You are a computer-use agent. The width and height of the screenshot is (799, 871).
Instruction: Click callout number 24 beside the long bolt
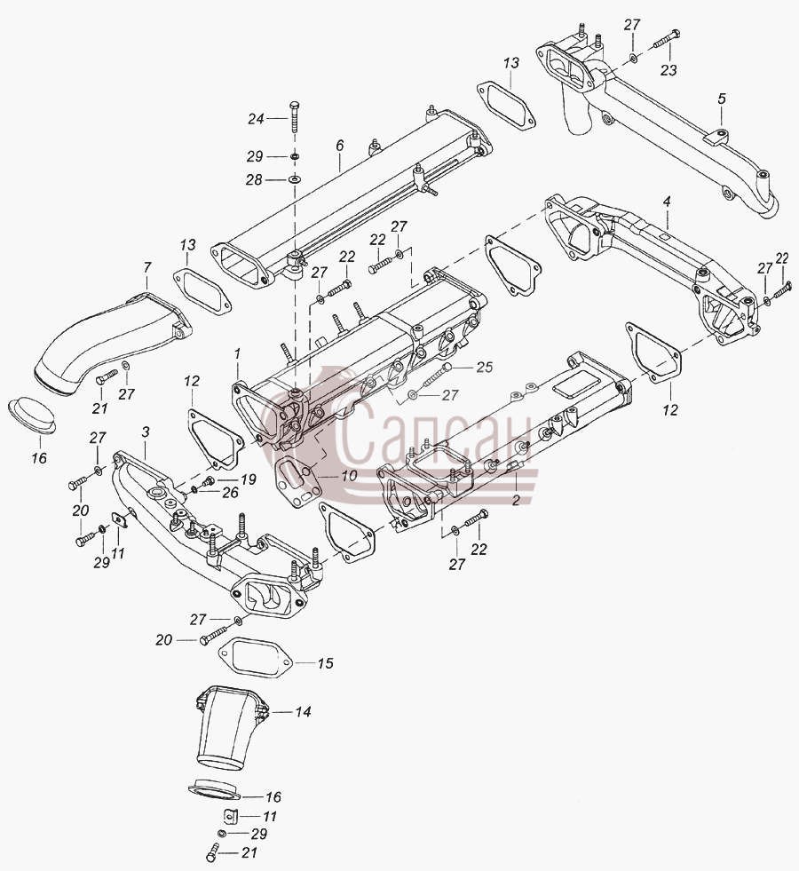(x=256, y=118)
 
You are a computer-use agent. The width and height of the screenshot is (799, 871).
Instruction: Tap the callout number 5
(x=721, y=99)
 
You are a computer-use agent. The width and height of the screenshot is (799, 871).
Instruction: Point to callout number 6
(x=339, y=146)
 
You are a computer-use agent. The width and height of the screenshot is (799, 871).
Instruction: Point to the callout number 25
(x=484, y=368)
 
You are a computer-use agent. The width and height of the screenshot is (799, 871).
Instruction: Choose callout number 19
(x=249, y=479)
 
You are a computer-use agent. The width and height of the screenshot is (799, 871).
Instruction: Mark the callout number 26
(x=230, y=493)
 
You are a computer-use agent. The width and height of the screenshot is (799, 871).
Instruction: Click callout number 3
(x=146, y=432)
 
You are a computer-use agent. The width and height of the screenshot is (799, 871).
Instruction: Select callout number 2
(x=516, y=500)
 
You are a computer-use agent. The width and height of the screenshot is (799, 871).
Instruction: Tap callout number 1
(x=237, y=352)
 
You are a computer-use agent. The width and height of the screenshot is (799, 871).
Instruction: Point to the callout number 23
(x=668, y=70)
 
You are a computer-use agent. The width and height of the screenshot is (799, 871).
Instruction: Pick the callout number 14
(x=303, y=711)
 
